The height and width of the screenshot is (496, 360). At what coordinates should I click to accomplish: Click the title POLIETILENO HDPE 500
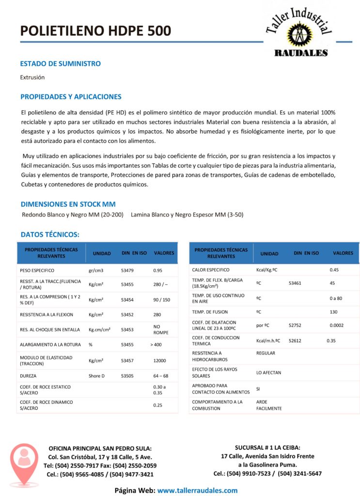(95, 31)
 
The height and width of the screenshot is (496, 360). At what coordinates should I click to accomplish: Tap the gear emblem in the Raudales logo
(297, 35)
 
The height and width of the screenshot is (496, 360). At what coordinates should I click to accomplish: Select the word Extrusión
(32, 77)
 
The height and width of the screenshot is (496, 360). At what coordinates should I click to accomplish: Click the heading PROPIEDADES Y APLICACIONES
(71, 97)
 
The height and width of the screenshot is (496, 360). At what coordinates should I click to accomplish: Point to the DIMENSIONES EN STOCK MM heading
(68, 204)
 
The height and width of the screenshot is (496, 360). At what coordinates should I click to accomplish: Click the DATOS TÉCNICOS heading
(50, 234)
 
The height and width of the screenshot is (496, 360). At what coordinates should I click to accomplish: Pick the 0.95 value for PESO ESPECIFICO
(157, 270)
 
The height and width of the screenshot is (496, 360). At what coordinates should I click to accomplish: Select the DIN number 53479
(127, 270)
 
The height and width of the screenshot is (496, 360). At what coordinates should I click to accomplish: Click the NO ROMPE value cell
(160, 329)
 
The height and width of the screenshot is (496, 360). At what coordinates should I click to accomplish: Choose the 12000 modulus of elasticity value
(160, 360)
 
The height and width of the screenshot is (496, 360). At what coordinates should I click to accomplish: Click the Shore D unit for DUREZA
(96, 375)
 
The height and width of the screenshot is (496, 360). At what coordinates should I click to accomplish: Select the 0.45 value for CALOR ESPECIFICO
(334, 269)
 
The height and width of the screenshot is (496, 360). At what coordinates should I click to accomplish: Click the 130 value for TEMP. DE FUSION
(333, 312)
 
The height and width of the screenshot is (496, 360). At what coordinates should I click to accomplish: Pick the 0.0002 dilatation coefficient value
(336, 325)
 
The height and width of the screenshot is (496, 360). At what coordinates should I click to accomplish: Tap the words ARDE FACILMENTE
(268, 405)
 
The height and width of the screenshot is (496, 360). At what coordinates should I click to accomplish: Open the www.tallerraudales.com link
(197, 490)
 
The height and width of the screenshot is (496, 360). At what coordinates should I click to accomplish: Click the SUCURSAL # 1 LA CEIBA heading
(267, 447)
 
